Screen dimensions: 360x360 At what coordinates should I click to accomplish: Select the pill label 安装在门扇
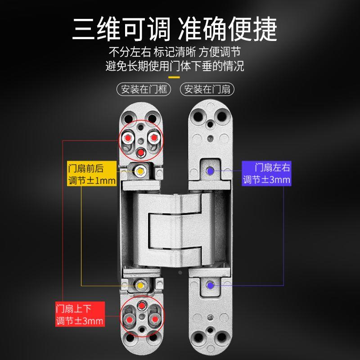(207, 89)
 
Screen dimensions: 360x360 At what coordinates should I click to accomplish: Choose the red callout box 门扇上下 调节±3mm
(80, 315)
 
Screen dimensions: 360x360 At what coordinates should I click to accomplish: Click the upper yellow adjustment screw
(141, 171)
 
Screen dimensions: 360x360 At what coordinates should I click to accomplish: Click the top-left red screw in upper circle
(130, 137)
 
